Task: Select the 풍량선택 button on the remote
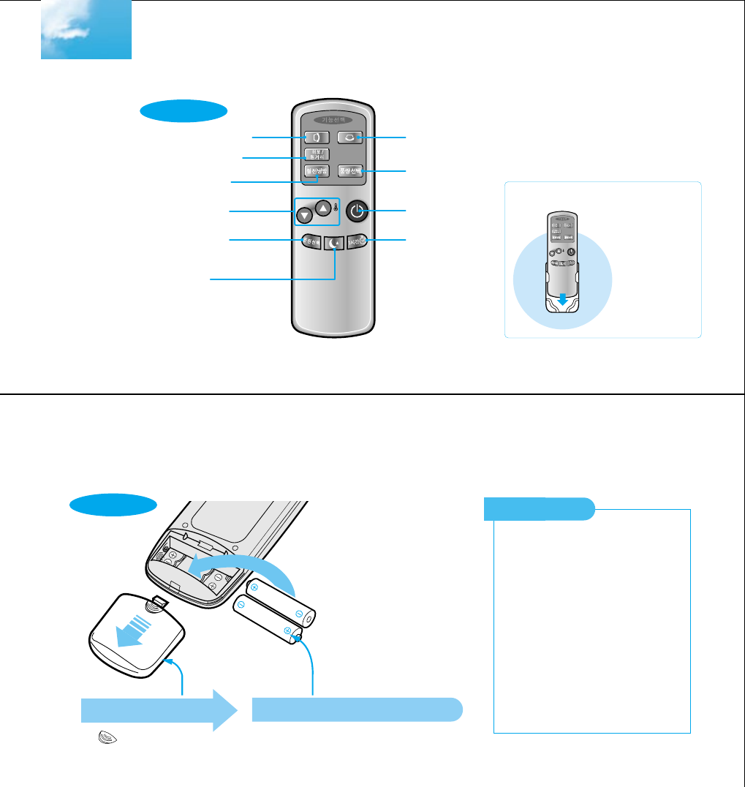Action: (351, 170)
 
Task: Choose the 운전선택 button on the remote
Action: (310, 241)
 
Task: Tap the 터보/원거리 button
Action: (317, 154)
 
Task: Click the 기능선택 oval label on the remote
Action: (333, 119)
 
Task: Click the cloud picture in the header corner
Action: (86, 30)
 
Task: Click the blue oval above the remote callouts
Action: (184, 113)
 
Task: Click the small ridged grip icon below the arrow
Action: (96, 739)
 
